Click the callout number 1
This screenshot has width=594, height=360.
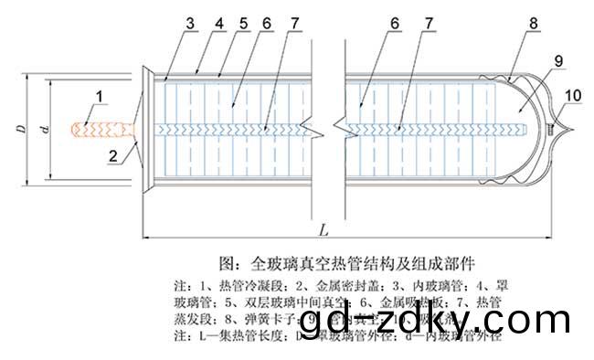pyautogui.click(x=100, y=94)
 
